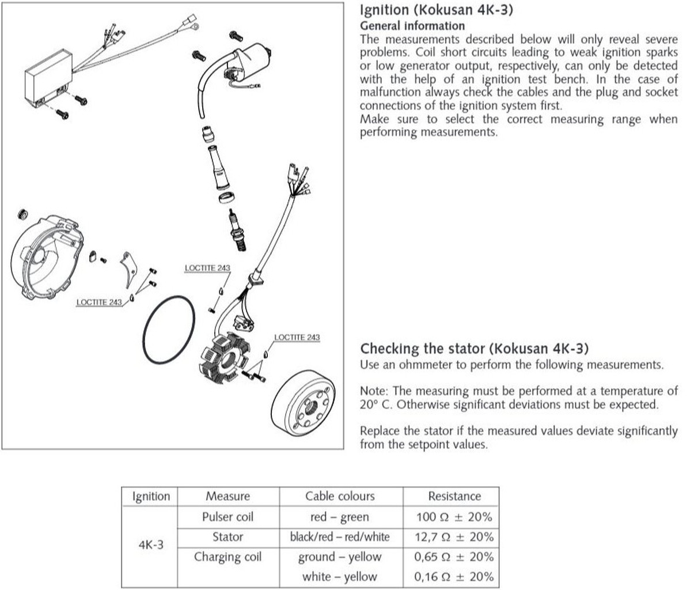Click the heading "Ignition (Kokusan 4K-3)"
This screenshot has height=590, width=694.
pyautogui.click(x=436, y=10)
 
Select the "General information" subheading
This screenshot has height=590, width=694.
pyautogui.click(x=412, y=25)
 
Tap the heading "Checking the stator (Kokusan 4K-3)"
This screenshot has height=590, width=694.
pyautogui.click(x=474, y=349)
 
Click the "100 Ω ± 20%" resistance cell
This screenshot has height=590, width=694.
pyautogui.click(x=454, y=517)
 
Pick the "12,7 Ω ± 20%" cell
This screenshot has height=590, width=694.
pyautogui.click(x=454, y=537)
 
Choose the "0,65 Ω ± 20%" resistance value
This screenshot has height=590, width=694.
pyautogui.click(x=454, y=557)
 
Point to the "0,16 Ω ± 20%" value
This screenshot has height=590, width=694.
pyautogui.click(x=454, y=576)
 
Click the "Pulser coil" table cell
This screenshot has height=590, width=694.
pyautogui.click(x=227, y=517)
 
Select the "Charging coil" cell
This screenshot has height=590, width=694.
pyautogui.click(x=227, y=557)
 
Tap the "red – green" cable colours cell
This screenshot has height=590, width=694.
pyautogui.click(x=340, y=517)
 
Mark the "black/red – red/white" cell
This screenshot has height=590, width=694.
pyautogui.click(x=340, y=537)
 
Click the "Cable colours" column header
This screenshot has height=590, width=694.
pyautogui.click(x=340, y=496)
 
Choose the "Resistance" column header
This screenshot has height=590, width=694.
pyautogui.click(x=454, y=496)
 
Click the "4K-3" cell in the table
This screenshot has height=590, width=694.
pyautogui.click(x=151, y=544)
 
